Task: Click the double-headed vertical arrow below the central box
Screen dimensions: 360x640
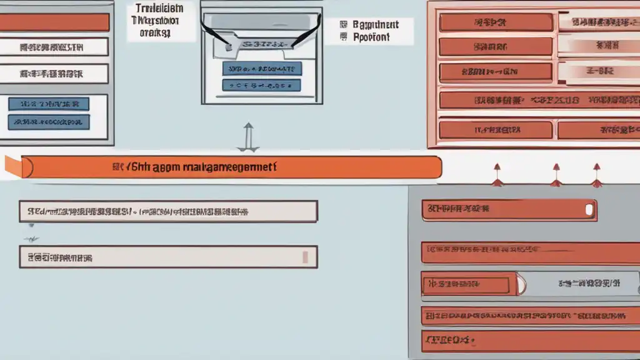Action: point(248,137)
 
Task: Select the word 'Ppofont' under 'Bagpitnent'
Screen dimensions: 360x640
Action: point(371,37)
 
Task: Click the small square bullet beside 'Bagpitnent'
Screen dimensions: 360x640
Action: point(342,24)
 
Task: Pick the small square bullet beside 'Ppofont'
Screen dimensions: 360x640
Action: point(342,37)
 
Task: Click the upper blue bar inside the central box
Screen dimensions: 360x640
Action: point(262,69)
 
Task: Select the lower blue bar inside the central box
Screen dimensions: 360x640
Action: point(262,85)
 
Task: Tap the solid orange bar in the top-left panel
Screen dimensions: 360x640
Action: point(54,22)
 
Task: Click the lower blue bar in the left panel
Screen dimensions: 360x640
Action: point(48,121)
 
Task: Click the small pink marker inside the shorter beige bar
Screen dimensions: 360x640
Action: point(305,257)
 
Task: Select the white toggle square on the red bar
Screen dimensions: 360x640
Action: point(588,210)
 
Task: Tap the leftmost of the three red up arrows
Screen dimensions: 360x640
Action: point(497,175)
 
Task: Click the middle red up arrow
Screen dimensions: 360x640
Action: point(555,175)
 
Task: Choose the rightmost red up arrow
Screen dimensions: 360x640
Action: point(596,175)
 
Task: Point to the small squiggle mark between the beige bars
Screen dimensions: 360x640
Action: point(30,238)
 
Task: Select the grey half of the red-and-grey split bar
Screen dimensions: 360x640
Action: point(578,284)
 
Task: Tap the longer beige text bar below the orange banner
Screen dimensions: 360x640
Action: point(168,211)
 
